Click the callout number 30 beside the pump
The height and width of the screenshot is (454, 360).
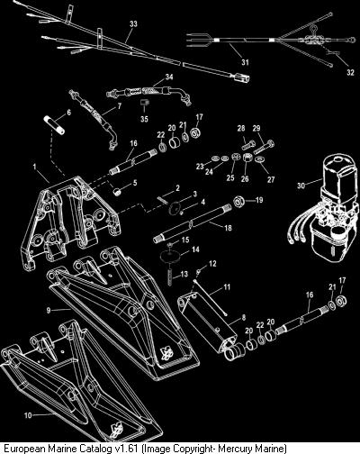tap(301, 186)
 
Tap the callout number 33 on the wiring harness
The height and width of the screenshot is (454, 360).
tap(133, 23)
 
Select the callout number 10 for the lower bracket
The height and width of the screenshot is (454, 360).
tap(28, 415)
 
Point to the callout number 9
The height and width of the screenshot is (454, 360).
tap(49, 311)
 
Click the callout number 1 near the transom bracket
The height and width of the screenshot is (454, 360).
tap(34, 167)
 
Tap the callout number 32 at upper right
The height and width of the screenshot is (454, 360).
tap(350, 72)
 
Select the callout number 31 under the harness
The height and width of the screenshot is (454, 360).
tap(245, 62)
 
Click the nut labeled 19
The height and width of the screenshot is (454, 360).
tap(239, 201)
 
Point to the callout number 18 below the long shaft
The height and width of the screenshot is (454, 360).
tap(228, 228)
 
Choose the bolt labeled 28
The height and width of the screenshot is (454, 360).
tap(248, 145)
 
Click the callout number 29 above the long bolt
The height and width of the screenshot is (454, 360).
tap(256, 128)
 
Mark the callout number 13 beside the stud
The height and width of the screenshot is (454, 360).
tap(184, 274)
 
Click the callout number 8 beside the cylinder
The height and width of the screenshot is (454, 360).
tap(244, 317)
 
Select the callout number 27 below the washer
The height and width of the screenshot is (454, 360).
tap(271, 179)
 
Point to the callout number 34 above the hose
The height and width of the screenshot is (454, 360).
tap(169, 77)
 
